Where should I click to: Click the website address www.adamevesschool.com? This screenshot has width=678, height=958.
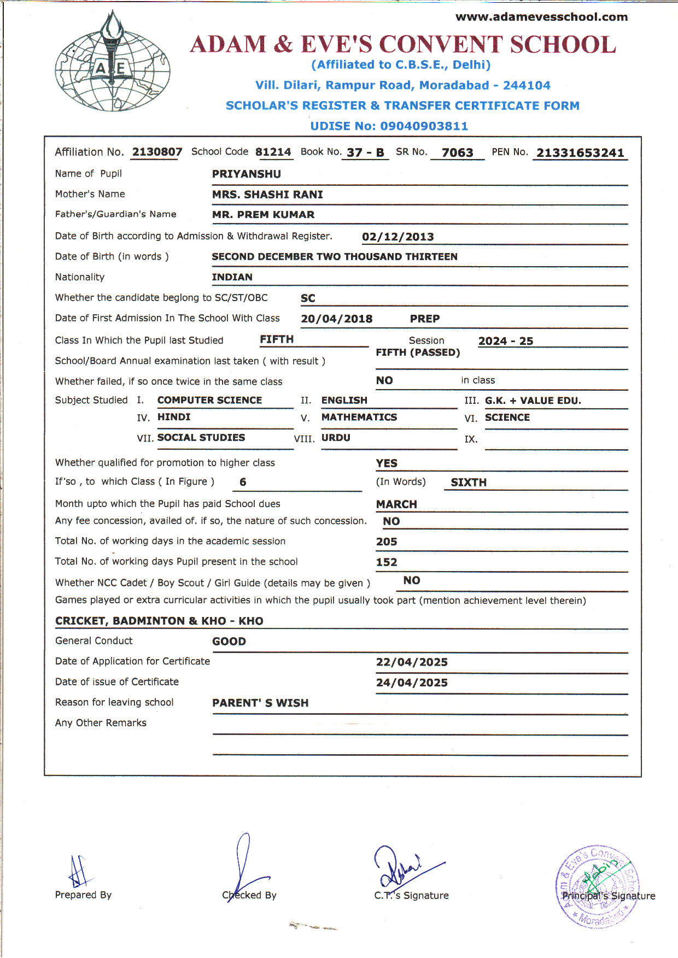[x=541, y=17]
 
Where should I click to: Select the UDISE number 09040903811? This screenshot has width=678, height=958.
[x=424, y=126]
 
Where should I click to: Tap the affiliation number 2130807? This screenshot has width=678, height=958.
[x=157, y=152]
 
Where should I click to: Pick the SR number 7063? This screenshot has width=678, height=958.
[x=457, y=153]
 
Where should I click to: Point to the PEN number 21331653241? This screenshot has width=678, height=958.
[x=580, y=153]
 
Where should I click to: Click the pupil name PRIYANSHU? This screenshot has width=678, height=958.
[x=247, y=174]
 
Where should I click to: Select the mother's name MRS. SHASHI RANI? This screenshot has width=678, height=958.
[x=267, y=195]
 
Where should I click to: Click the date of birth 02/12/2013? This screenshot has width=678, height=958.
[x=398, y=237]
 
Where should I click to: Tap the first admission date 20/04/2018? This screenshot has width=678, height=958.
[x=336, y=319]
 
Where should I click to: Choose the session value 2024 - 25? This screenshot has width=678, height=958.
[x=505, y=342]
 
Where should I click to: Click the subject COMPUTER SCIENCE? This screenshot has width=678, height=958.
[x=209, y=401]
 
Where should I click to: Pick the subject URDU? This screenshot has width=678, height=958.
[x=336, y=438]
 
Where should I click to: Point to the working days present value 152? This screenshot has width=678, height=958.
[x=386, y=562]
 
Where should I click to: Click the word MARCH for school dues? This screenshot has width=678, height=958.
[x=396, y=504]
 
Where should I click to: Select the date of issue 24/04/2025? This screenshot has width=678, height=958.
[x=412, y=683]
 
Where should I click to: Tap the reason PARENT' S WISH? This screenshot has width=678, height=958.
[x=260, y=703]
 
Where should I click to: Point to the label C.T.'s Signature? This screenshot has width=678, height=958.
[x=411, y=896]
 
